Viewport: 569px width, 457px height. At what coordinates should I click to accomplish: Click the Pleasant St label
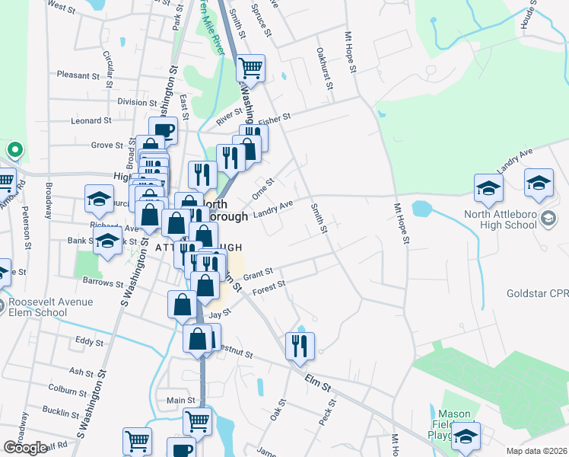[x=74, y=75]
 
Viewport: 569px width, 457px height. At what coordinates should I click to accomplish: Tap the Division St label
[x=136, y=101]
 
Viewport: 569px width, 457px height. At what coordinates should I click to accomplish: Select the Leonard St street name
[x=91, y=120]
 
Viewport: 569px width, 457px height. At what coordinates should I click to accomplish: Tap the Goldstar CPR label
[x=537, y=293]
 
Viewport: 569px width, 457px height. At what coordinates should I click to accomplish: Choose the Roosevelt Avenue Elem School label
[x=50, y=306]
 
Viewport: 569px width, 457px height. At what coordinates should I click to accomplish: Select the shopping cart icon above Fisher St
[x=250, y=69]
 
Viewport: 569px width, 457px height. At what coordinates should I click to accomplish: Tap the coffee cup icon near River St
[x=163, y=131]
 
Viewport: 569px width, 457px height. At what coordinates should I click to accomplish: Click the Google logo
[x=25, y=447]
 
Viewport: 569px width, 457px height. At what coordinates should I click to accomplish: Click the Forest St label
[x=269, y=287]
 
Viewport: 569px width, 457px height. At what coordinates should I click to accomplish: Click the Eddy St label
[x=89, y=342]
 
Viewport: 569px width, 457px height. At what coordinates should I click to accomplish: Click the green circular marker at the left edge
[x=14, y=149]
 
